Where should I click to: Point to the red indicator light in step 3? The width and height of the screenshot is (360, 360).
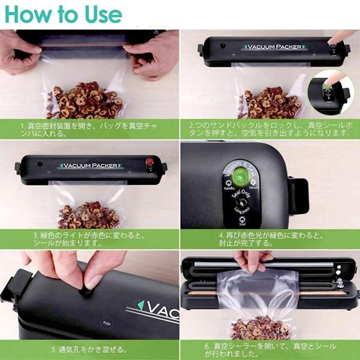[x=149, y=162]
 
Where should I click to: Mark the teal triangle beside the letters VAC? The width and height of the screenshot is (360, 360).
[x=140, y=306]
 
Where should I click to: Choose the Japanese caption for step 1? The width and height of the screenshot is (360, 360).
[x=90, y=129]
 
